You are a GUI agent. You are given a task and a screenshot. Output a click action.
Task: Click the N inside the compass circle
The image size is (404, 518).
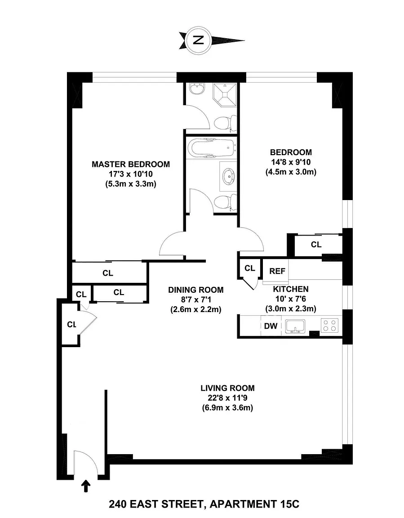pyautogui.click(x=198, y=40)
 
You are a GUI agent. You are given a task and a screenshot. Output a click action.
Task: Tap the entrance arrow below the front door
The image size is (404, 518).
pyautogui.click(x=86, y=486)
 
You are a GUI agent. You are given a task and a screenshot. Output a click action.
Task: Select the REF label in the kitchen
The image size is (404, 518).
pyautogui.click(x=277, y=271)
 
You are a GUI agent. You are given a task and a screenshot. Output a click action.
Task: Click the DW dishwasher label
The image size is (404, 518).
pyautogui.click(x=271, y=326)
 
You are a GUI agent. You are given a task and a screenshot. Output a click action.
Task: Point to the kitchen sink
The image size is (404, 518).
pyautogui.click(x=295, y=326)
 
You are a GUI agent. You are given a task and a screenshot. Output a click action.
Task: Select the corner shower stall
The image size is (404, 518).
pyautogui.click(x=225, y=95)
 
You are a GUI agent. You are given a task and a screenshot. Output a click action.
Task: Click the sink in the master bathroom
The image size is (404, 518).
pyautogui.click(x=197, y=89)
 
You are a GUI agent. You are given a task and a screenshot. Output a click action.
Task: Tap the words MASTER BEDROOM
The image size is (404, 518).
pyautogui.click(x=131, y=164)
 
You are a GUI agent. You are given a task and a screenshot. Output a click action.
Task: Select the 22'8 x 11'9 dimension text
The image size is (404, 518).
pyautogui.click(x=227, y=398)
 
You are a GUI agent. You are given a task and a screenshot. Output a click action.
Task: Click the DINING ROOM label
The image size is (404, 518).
pyautogui.click(x=196, y=290)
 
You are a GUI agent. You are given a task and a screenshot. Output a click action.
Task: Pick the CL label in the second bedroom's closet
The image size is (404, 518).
pyautogui.click(x=316, y=245)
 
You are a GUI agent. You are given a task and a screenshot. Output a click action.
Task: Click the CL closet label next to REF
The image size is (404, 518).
pyautogui.click(x=250, y=268)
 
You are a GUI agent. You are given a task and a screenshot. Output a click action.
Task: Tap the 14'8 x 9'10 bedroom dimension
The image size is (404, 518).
pyautogui.click(x=291, y=162)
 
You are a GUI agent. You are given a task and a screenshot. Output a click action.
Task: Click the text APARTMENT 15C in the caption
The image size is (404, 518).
pyautogui.click(x=254, y=505)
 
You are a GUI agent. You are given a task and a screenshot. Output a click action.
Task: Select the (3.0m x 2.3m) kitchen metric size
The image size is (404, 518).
pyautogui.click(x=291, y=308)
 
